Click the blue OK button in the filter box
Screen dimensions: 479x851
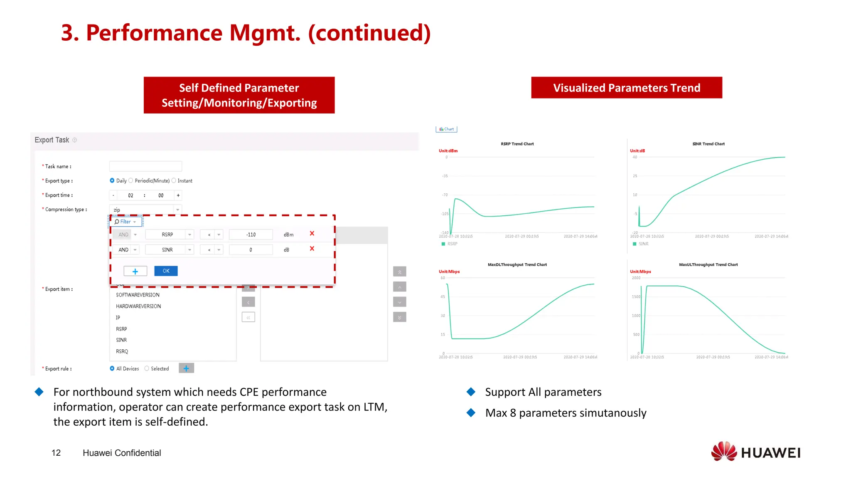[x=166, y=271]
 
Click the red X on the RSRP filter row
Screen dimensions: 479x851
[x=312, y=234]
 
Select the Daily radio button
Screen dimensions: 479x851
[x=112, y=180]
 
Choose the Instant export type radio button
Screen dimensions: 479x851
[x=174, y=180]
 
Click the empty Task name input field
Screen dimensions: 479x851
[x=145, y=166]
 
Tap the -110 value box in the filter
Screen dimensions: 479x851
[x=251, y=235]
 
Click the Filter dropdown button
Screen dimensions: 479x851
[x=125, y=222]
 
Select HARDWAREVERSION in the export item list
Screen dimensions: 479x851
[x=138, y=306]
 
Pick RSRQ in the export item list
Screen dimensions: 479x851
[x=122, y=351]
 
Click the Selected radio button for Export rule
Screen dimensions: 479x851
[x=147, y=368]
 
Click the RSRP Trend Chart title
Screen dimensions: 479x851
[x=517, y=144]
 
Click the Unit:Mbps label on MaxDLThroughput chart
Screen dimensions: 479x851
[x=449, y=272]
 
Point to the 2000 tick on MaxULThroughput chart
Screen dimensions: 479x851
[x=636, y=278]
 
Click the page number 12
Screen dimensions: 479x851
[x=56, y=453]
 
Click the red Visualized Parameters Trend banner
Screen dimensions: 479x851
[x=626, y=88]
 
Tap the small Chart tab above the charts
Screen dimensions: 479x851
[x=446, y=129]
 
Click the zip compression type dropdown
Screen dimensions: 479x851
[x=145, y=210]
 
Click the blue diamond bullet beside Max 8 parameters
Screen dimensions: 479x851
[x=471, y=412]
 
